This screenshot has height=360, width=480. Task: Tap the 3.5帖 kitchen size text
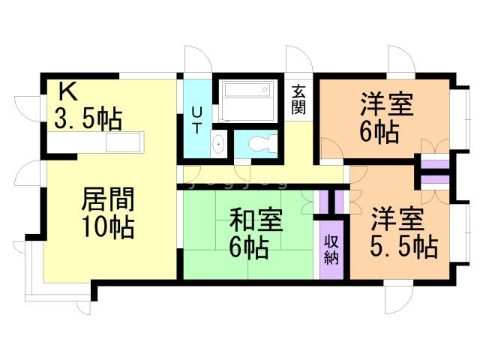click(88, 118)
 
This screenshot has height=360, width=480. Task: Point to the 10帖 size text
click(108, 226)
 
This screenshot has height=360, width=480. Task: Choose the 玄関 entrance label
click(298, 100)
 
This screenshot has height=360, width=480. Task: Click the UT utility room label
click(196, 120)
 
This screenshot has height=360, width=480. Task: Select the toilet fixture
click(257, 142)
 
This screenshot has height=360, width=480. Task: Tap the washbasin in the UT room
click(217, 143)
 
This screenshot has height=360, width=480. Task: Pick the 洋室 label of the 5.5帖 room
click(397, 220)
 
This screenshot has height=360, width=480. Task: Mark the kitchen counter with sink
click(124, 142)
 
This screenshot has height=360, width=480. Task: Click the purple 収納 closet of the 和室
click(331, 250)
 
